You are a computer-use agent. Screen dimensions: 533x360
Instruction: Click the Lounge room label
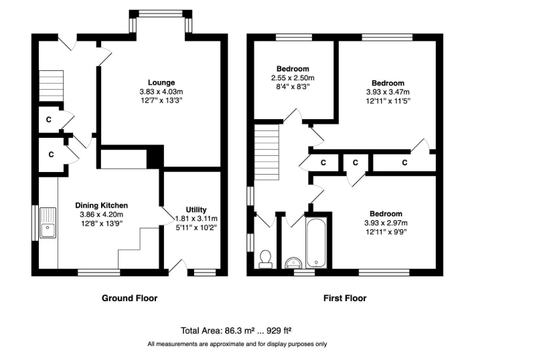(x=161, y=82)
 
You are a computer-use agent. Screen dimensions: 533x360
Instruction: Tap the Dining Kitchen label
(x=101, y=205)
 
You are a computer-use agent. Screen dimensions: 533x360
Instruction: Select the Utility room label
(x=196, y=209)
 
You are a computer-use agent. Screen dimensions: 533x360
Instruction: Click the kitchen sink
(x=48, y=223)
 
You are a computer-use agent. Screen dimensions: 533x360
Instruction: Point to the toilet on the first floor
(x=265, y=259)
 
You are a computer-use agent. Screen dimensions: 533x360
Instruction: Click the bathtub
(x=316, y=242)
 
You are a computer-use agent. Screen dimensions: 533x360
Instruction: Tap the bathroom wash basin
(x=294, y=263)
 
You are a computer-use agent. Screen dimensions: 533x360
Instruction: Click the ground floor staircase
(x=52, y=86)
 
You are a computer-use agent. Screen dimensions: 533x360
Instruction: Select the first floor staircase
(x=267, y=152)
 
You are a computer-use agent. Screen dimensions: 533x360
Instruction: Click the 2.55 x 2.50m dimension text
(x=293, y=78)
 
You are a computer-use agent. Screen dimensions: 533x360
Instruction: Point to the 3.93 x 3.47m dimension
(x=388, y=92)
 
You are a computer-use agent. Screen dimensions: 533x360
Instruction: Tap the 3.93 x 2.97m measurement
(x=386, y=223)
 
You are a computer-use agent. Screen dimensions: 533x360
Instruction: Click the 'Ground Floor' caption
(x=129, y=298)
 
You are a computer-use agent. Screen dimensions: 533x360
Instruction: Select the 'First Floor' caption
(x=345, y=298)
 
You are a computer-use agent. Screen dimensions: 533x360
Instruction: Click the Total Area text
(x=236, y=331)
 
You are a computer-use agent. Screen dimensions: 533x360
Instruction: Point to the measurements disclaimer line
(x=237, y=344)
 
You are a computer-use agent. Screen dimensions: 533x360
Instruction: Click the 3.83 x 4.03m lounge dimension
(x=161, y=92)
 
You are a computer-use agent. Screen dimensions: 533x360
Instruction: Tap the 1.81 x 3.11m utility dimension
(x=196, y=219)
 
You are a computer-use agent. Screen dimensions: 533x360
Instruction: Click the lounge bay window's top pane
(x=161, y=13)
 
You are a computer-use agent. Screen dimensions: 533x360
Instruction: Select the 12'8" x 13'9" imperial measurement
(x=101, y=223)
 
